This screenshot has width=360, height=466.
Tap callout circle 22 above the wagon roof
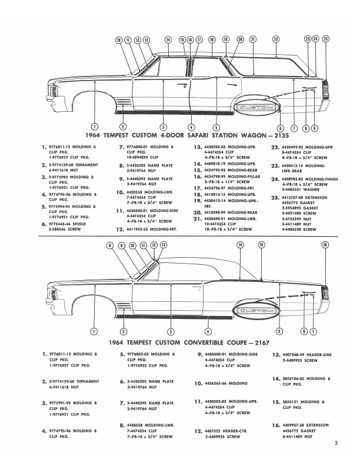[x=275, y=39]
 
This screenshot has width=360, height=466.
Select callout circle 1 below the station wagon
[x=95, y=127]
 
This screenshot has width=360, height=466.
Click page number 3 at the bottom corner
[x=335, y=443]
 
